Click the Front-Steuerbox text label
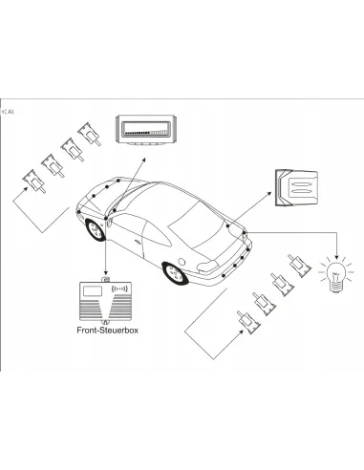tap(107, 331)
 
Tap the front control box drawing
tap(105, 301)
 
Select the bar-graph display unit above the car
tap(146, 130)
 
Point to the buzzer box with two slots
tap(296, 188)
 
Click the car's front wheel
tap(96, 229)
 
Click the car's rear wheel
tap(174, 273)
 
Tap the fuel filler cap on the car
tap(182, 262)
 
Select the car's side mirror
tap(109, 222)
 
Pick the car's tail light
tap(207, 266)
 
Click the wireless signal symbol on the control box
tap(119, 288)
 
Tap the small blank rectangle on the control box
tap(93, 290)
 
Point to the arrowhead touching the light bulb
tap(336, 257)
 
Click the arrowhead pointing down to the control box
tap(106, 273)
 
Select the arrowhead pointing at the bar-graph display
tap(144, 160)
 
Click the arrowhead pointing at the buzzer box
tap(269, 193)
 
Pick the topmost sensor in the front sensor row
tap(90, 134)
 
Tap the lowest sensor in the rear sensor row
tap(248, 322)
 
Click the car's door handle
tap(139, 242)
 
